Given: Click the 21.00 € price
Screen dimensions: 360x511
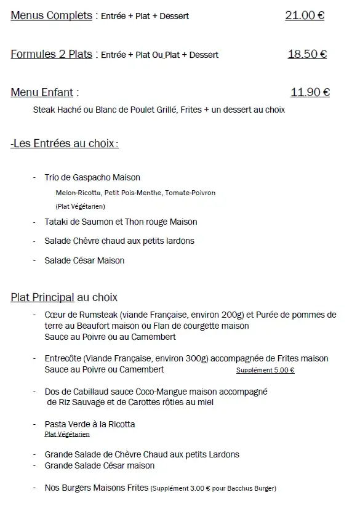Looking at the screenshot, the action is tap(305, 15).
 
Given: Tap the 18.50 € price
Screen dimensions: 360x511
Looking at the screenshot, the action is tap(307, 54).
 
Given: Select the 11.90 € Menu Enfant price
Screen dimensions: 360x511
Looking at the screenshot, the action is tap(310, 92).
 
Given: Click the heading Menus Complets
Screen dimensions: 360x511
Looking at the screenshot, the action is tap(51, 15).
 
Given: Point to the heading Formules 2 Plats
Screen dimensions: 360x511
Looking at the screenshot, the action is tap(51, 54).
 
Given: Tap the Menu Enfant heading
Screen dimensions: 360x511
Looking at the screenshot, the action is tap(42, 92).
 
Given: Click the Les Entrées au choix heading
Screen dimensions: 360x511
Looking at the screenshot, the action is tap(64, 143).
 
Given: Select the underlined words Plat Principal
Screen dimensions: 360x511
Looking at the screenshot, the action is tap(42, 298).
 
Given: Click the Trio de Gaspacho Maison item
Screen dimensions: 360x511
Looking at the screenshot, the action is tap(92, 177).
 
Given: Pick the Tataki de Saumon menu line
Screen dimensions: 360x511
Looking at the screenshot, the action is tap(121, 222).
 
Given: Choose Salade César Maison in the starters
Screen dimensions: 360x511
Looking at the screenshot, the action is tap(84, 260).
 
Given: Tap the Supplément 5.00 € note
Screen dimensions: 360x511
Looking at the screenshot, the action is tap(265, 371).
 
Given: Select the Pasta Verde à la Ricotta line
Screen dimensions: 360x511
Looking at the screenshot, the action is tap(90, 424).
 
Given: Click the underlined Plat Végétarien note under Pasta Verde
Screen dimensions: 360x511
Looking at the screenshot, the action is tap(67, 434).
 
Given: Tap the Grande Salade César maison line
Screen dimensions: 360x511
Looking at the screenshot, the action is tap(100, 465).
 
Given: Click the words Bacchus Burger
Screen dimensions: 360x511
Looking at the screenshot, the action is tap(254, 488).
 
